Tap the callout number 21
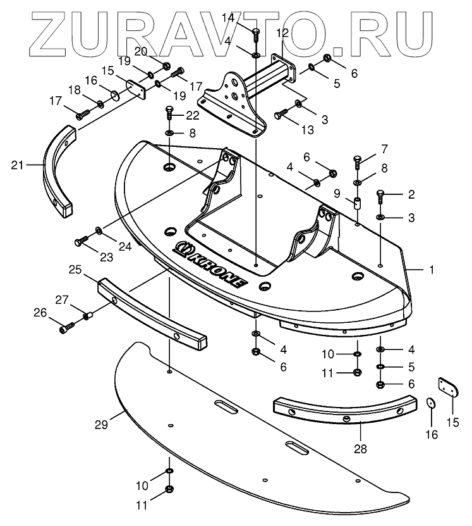click(x=16, y=165)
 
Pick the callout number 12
click(x=282, y=33)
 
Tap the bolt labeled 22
click(x=169, y=115)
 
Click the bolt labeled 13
click(x=280, y=115)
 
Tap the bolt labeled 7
click(x=357, y=161)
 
